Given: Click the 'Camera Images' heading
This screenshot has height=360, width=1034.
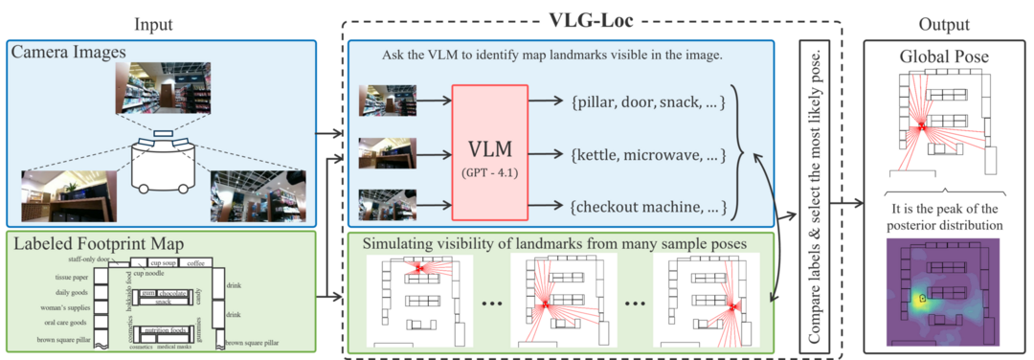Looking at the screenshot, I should (x=55, y=51).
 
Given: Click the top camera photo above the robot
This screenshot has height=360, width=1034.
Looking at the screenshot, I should (x=162, y=89).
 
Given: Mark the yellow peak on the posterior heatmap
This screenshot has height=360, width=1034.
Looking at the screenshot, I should (x=921, y=299).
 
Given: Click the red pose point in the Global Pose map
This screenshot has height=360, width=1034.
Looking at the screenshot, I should (x=920, y=125).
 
